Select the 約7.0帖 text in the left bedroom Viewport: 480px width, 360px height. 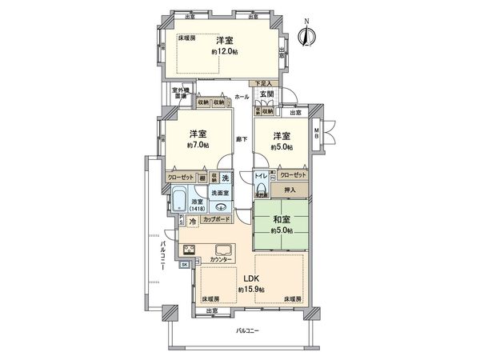pyautogui.click(x=199, y=146)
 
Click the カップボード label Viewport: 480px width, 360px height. pyautogui.click(x=218, y=219)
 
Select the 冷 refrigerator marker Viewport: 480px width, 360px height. pyautogui.click(x=192, y=220)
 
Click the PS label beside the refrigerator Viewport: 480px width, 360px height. pyautogui.click(x=181, y=220)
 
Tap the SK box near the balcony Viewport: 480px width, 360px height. pyautogui.click(x=185, y=264)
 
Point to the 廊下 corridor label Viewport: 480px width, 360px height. pyautogui.click(x=239, y=140)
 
